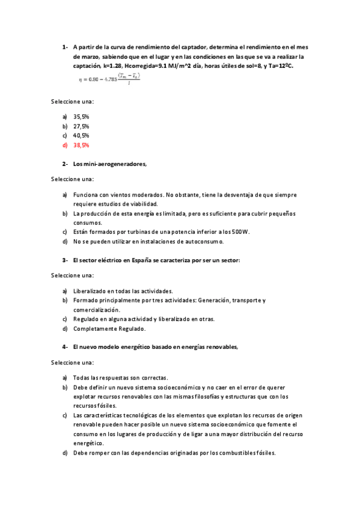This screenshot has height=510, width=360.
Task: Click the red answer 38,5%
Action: point(81,145)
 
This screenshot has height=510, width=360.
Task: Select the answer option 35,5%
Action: point(81,117)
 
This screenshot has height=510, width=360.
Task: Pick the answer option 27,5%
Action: point(81,126)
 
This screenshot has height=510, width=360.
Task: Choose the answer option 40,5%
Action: point(81,136)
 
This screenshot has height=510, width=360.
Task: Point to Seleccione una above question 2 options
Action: point(72,179)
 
